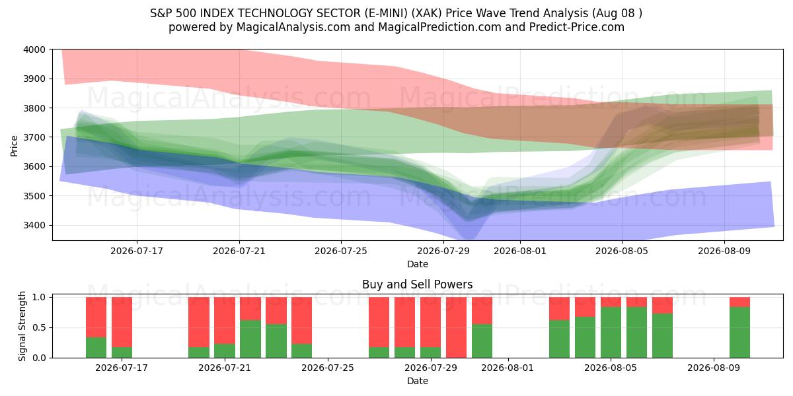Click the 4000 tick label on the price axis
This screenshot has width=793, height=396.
(x=34, y=49)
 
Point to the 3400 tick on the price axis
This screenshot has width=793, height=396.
(x=34, y=225)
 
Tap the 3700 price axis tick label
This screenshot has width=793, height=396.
(x=34, y=137)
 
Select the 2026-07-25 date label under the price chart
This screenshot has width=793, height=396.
(x=341, y=251)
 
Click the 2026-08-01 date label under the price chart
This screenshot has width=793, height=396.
(x=520, y=251)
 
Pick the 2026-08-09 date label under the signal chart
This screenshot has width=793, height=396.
(x=714, y=368)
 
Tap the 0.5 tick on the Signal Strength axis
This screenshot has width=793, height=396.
(x=39, y=327)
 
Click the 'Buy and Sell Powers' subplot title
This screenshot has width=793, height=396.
(x=418, y=284)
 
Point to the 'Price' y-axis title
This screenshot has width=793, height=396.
(x=14, y=146)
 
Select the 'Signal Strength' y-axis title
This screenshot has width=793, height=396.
(x=22, y=326)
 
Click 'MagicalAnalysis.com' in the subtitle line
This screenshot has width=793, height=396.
(x=293, y=27)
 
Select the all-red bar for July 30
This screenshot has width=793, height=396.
(x=456, y=327)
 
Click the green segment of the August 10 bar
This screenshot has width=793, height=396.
(x=739, y=333)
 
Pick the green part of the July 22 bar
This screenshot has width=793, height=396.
(x=250, y=339)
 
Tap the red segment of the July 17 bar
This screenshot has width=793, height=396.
(x=122, y=322)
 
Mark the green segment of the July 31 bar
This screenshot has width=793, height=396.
(x=482, y=341)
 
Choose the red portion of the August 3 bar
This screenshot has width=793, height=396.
(x=559, y=309)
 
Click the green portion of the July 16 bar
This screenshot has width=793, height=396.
(x=96, y=348)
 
